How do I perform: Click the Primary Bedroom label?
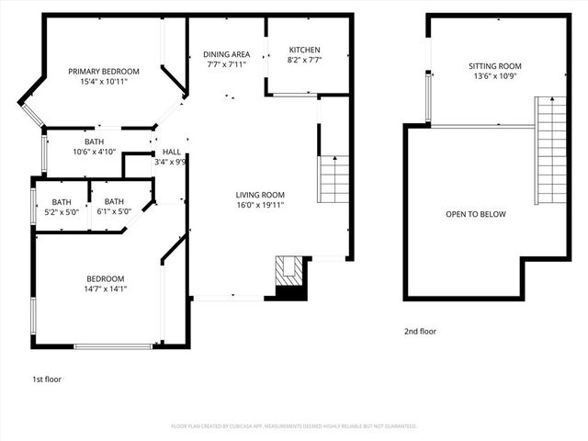[103, 72]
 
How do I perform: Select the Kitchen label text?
[305, 50]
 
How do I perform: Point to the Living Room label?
[260, 195]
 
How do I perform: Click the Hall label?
[172, 152]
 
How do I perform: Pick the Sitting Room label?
[494, 66]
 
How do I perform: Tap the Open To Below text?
[475, 214]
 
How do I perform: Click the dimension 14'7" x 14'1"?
[106, 288]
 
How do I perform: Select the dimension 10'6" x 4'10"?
[95, 152]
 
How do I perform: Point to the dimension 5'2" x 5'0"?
[62, 211]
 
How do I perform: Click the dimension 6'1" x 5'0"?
[114, 211]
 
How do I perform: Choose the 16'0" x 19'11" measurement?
[260, 205]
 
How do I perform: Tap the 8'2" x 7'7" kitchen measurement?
[305, 60]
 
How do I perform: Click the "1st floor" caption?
[46, 379]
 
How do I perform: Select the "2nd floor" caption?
[419, 331]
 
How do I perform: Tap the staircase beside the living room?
[334, 179]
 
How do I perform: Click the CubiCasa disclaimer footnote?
[294, 426]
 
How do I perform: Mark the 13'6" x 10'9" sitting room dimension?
[494, 76]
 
